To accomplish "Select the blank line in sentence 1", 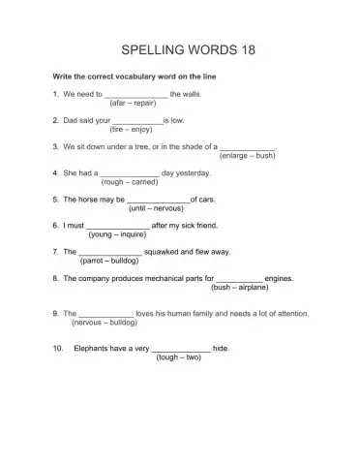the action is (x=135, y=95).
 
